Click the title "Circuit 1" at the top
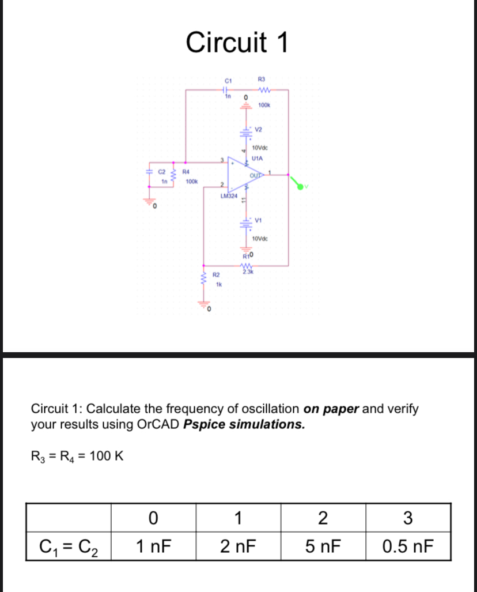pyautogui.click(x=237, y=42)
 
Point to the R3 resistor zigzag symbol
pyautogui.click(x=265, y=89)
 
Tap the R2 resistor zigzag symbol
pyautogui.click(x=203, y=279)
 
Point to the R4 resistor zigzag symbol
pyautogui.click(x=176, y=176)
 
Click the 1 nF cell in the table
pyautogui.click(x=153, y=545)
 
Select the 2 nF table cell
pyautogui.click(x=238, y=545)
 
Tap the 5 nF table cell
pyautogui.click(x=323, y=545)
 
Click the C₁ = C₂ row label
pyautogui.click(x=69, y=545)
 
